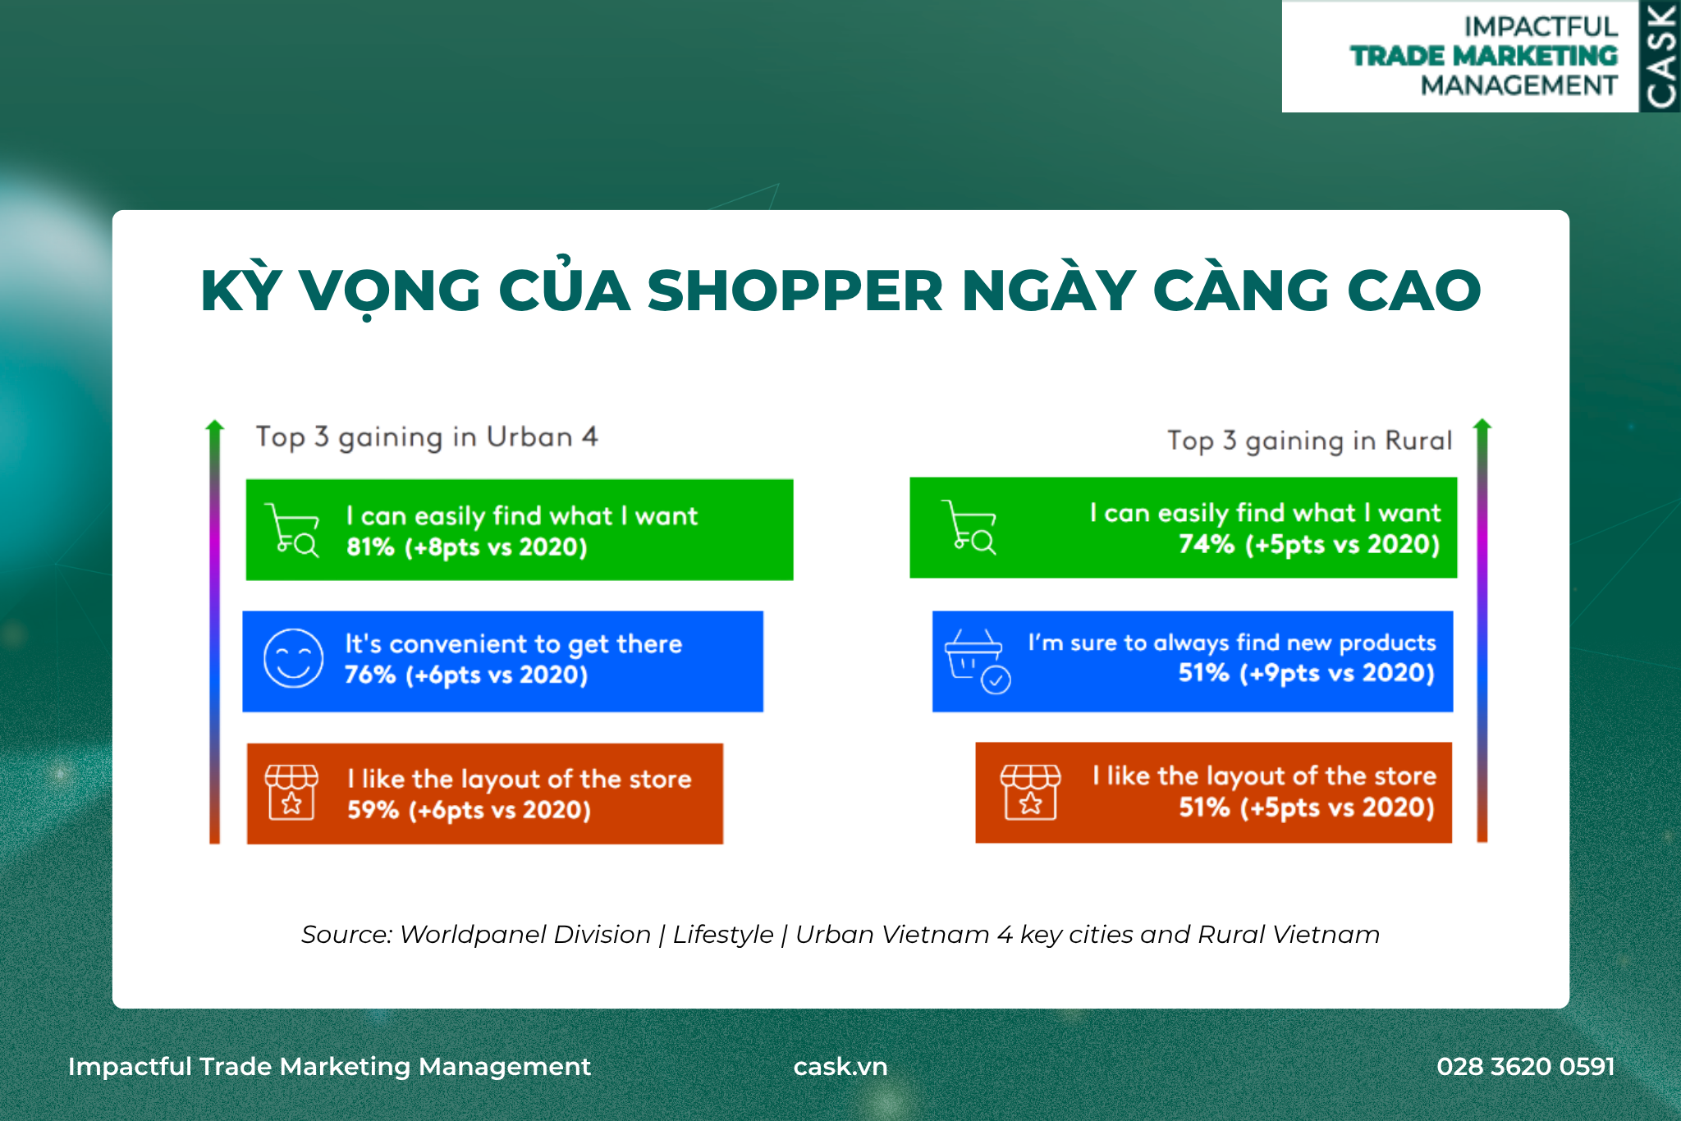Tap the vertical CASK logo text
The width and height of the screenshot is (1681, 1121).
click(x=1660, y=57)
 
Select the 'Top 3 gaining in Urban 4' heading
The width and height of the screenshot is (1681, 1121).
click(x=427, y=437)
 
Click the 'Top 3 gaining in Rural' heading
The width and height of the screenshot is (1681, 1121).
click(x=1310, y=441)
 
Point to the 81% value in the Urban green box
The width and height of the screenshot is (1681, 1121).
click(x=370, y=547)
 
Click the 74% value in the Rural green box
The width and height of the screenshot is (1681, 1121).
click(x=1206, y=544)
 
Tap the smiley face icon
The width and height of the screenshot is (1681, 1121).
click(x=293, y=658)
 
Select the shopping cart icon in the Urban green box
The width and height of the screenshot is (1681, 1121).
click(x=292, y=530)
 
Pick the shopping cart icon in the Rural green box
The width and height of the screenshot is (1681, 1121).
click(x=969, y=528)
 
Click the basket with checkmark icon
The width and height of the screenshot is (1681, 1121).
click(x=978, y=661)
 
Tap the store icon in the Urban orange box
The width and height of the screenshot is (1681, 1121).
click(x=291, y=792)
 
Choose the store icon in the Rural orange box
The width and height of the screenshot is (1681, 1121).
click(x=1030, y=792)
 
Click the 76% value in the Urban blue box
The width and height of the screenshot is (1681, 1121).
click(x=369, y=675)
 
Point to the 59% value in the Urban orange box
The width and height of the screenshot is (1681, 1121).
click(x=373, y=810)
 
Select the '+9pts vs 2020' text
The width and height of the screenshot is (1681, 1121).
click(x=1337, y=674)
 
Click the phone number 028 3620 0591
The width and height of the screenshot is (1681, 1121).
click(x=1526, y=1066)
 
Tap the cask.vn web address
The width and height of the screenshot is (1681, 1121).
click(x=840, y=1067)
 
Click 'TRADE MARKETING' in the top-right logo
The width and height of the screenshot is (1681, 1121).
click(x=1484, y=56)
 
